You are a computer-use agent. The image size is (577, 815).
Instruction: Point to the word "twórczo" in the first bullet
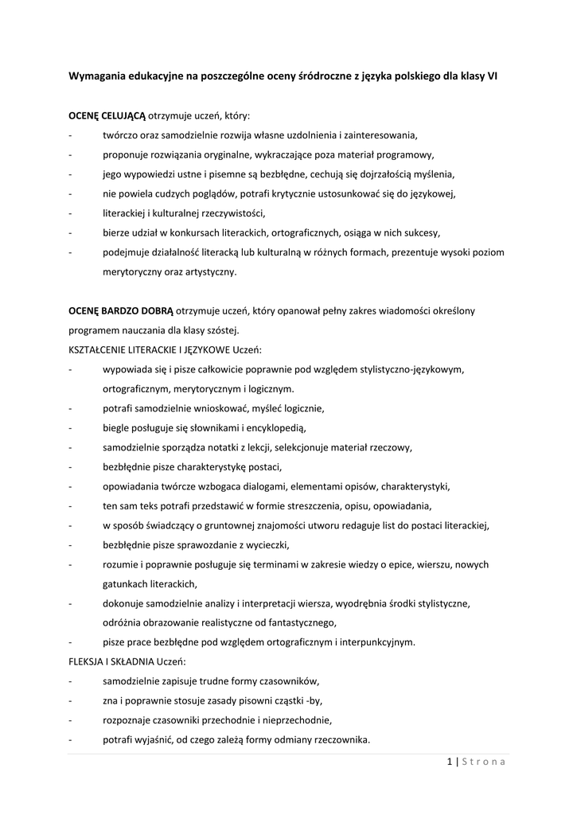(x=119, y=135)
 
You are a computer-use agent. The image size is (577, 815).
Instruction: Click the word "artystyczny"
(x=209, y=272)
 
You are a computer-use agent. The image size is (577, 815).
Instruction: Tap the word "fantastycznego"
(x=298, y=622)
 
